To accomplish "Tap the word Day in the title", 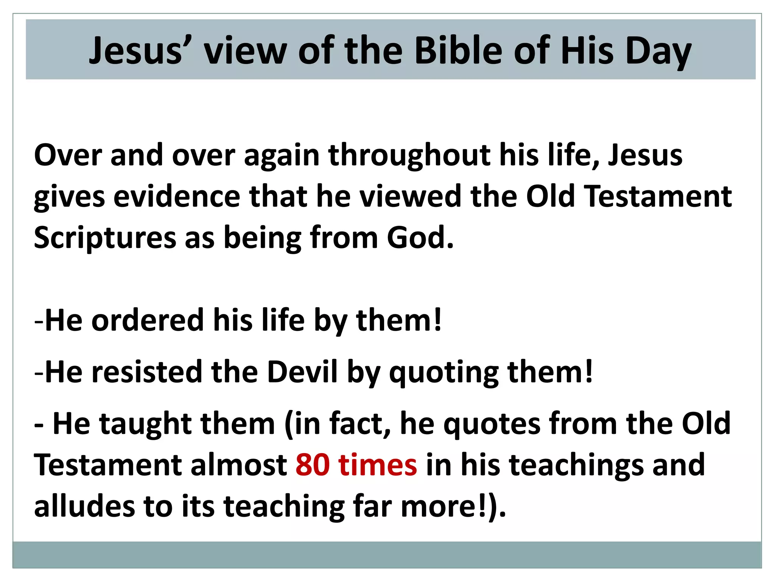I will (658, 51).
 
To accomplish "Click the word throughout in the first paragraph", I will (410, 155).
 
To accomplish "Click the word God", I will (420, 238).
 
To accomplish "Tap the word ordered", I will (148, 320).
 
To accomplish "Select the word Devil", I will (302, 372).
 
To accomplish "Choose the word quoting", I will (444, 373).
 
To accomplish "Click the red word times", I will (378, 465).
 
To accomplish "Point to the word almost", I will (239, 465).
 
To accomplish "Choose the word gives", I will (69, 197).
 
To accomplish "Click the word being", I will (263, 238).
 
